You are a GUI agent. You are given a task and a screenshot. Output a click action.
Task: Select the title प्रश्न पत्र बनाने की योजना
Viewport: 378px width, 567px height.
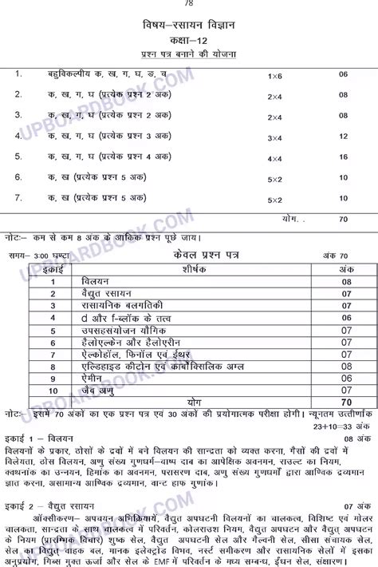188,54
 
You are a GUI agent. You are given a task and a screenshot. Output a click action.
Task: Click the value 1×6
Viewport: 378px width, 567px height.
274,75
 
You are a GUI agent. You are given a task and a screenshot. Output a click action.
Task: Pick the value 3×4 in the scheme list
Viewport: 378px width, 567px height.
274,137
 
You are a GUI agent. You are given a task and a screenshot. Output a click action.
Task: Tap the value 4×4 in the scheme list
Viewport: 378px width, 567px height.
274,157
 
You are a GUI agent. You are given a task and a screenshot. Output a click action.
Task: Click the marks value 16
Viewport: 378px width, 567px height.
344,157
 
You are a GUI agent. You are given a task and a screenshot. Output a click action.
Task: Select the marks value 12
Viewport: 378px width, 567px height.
344,137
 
